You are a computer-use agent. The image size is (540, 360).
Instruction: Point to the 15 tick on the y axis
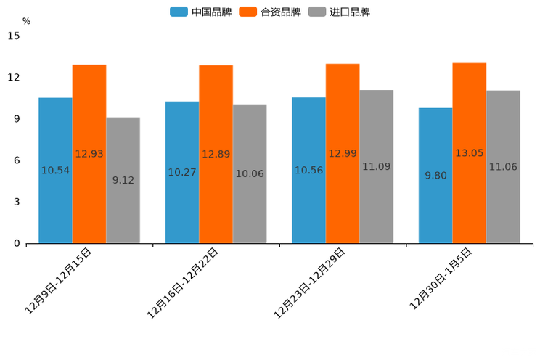pos(14,36)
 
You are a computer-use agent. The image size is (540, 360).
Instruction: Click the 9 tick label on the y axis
pos(17,119)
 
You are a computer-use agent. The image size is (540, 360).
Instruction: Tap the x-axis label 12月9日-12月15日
pos(59,280)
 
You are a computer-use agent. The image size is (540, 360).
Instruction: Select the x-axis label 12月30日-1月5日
pos(441,279)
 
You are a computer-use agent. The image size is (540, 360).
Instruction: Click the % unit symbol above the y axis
pos(26,21)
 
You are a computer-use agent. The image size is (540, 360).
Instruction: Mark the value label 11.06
pos(503,167)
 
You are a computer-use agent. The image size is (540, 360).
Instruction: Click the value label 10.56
pos(308,171)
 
